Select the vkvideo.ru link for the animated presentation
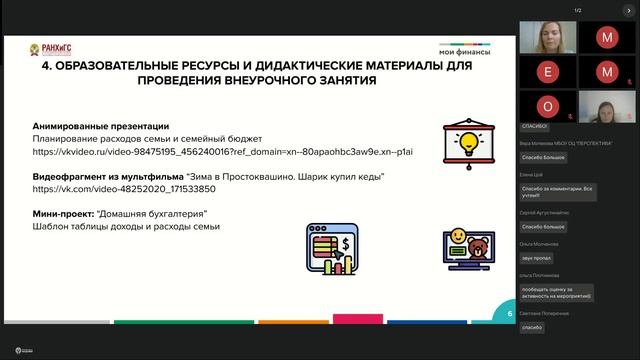point(222,152)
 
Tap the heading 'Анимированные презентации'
point(100,127)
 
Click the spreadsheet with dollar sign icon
point(333,249)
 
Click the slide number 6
point(509,313)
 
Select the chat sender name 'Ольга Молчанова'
point(537,243)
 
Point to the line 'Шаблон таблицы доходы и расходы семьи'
point(126,226)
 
